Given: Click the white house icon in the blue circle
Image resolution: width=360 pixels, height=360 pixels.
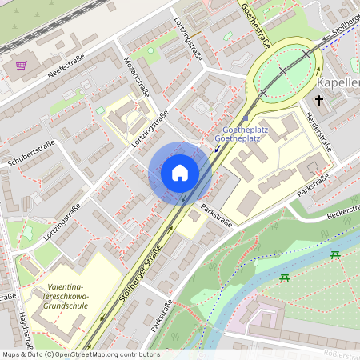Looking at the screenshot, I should pos(180,173).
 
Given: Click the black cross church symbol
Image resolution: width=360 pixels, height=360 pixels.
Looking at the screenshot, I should pos(319,101).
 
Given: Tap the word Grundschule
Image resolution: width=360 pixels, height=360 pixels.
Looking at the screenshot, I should pos(66,306).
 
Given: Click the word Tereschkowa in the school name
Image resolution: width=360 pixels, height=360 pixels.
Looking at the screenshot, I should pos(66,297).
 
